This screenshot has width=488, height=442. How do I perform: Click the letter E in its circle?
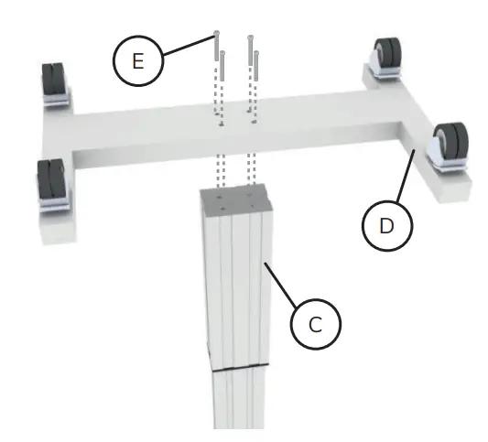pos(138,60)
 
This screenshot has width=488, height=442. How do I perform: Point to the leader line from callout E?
pos(189,46)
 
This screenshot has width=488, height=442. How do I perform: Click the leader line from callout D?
pos(406,176)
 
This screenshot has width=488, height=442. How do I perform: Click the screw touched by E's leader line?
pos(217,46)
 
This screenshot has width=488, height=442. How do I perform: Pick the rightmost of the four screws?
pos(256,66)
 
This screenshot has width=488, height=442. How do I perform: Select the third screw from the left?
pos(250,50)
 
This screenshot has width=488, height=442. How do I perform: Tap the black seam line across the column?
pos(241,367)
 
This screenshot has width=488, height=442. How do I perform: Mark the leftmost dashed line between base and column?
pos(218,170)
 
